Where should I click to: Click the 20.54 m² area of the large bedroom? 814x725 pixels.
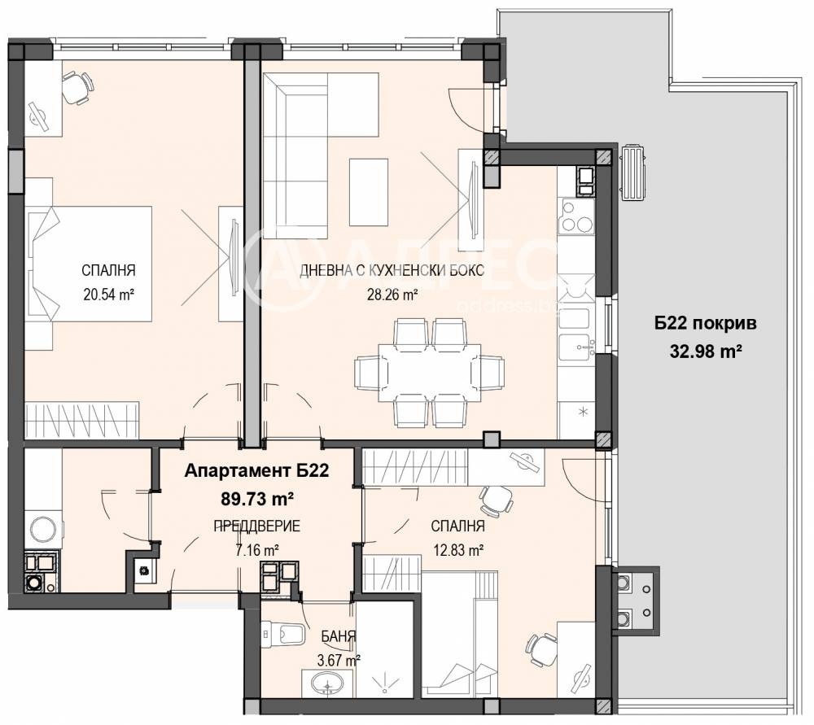coord(108,295)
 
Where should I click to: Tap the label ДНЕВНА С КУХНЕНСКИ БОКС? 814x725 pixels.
coord(392,270)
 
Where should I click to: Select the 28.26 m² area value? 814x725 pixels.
coord(392,295)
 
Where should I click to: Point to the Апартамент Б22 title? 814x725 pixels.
coord(257,470)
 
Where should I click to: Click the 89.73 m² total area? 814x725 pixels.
coord(258,499)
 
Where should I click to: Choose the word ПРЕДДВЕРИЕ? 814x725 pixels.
coord(257,526)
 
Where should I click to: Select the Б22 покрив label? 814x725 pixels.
coord(705,323)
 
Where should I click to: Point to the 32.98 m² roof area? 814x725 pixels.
coord(706,352)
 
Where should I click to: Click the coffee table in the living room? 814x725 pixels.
coord(369,192)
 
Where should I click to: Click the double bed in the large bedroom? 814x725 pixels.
coord(89,264)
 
